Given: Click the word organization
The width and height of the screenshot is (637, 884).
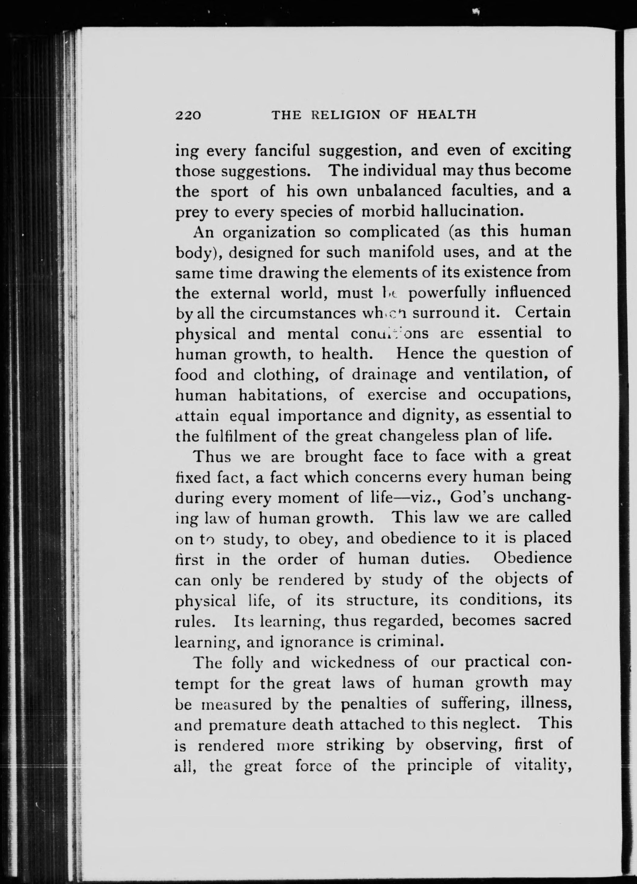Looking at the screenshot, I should pyautogui.click(x=269, y=232).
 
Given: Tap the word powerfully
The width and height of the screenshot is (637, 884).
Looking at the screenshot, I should pyautogui.click(x=447, y=293).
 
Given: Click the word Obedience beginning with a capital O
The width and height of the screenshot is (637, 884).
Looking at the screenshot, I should pyautogui.click(x=532, y=558).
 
